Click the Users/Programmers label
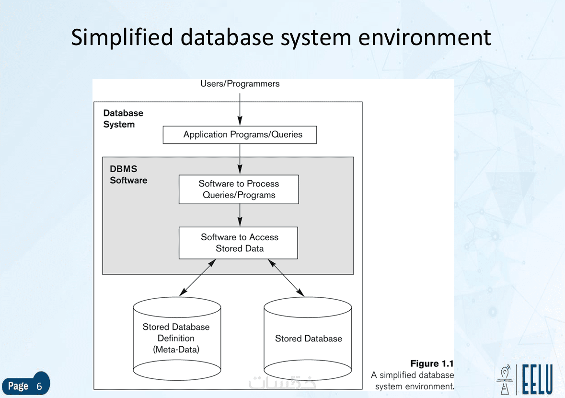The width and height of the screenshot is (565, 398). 240,84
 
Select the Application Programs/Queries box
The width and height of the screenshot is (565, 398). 240,135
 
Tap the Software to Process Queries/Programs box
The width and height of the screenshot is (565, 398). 239,189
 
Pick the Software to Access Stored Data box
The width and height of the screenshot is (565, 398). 238,243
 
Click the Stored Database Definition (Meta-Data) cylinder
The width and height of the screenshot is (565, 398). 176,339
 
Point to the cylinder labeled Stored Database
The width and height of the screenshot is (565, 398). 308,339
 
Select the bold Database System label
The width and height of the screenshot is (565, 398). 123,119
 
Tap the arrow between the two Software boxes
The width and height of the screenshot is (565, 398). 240,215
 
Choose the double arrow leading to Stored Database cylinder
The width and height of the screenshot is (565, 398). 286,277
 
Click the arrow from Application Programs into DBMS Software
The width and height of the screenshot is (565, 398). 240,158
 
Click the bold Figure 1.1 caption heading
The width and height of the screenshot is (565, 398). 431,364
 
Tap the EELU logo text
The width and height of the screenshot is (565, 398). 537,380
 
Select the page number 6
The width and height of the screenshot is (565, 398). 39,386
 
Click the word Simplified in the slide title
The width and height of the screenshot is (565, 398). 122,37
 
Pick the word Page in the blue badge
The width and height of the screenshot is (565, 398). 18,386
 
